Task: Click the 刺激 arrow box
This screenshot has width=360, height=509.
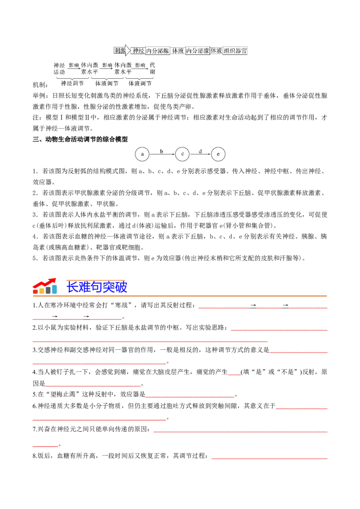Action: [x=120, y=51]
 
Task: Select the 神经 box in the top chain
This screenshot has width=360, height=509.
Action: [x=138, y=51]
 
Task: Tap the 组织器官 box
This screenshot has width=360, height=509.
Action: [x=235, y=51]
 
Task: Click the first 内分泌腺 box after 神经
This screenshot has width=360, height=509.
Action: [x=157, y=51]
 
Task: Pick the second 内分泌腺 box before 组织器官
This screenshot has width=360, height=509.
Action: [x=198, y=51]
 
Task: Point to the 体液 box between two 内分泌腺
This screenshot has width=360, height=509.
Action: [x=178, y=51]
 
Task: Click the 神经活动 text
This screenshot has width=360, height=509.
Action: [x=59, y=68]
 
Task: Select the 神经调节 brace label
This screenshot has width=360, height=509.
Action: [x=72, y=84]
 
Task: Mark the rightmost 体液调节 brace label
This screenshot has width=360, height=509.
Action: [x=140, y=84]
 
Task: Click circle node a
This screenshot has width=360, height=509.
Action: [x=142, y=154]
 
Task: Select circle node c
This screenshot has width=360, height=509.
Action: [x=182, y=154]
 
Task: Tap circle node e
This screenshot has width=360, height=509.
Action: [x=218, y=154]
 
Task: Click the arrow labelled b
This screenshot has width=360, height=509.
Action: [x=162, y=154]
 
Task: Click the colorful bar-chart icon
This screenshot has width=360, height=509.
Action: [x=45, y=286]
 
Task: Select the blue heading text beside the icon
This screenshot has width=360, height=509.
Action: [x=97, y=287]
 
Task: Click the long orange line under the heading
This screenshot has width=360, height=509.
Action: [x=180, y=296]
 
